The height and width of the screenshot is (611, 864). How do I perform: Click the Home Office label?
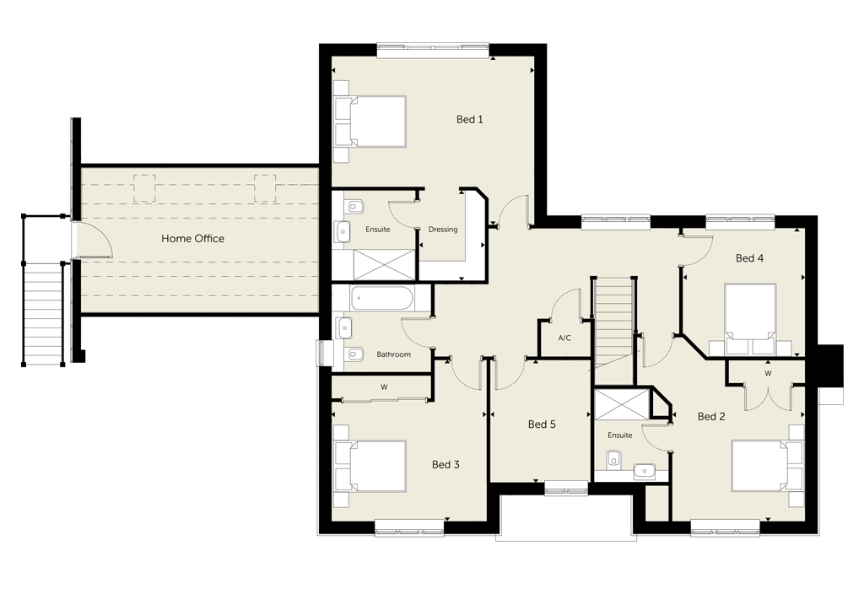click(x=192, y=239)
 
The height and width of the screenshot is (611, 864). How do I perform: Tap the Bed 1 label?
click(x=469, y=119)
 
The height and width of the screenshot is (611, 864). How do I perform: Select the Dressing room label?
click(x=442, y=230)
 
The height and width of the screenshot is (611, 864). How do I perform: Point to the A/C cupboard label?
click(x=564, y=338)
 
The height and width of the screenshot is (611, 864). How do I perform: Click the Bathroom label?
click(x=393, y=354)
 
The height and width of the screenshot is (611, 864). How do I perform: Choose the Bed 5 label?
click(x=542, y=424)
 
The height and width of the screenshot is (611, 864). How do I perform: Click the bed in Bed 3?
click(x=370, y=466)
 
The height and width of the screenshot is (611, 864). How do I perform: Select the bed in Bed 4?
click(x=750, y=318)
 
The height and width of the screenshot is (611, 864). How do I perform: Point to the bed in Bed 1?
click(x=370, y=122)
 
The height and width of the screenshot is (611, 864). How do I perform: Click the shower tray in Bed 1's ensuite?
click(x=385, y=265)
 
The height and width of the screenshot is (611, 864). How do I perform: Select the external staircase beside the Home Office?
click(x=44, y=312)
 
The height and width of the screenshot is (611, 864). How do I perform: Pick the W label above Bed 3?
click(x=384, y=387)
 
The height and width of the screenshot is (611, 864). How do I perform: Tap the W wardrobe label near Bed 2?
click(x=768, y=374)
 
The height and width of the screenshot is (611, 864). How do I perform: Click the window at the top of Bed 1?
click(x=433, y=51)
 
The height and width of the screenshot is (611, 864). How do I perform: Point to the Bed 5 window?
click(x=566, y=488)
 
